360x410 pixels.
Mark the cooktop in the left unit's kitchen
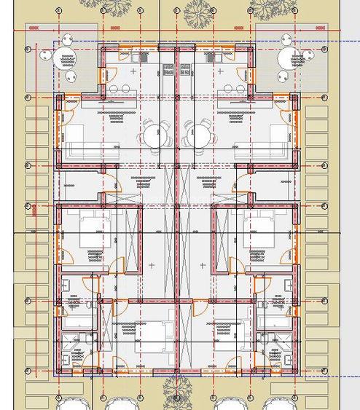click(x=168, y=70)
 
